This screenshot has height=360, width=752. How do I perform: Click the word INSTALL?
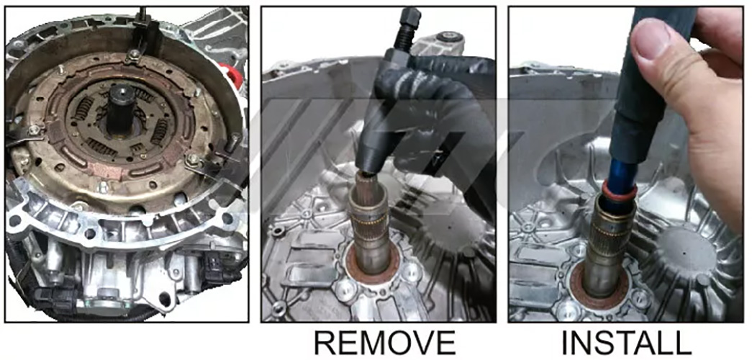(x=626, y=342)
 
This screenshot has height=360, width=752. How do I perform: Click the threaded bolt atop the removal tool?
(x=406, y=28)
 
